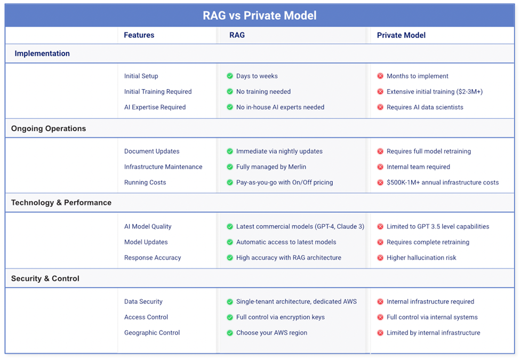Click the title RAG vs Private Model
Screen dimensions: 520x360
pos(260,15)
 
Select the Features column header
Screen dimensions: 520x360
pos(139,35)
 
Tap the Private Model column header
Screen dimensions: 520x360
pos(401,35)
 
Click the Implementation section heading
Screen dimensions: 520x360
pos(42,53)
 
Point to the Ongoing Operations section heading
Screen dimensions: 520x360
pos(49,129)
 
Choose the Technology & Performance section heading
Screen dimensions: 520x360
pos(61,203)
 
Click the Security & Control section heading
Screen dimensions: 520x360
pos(45,278)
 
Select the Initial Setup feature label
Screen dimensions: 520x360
pos(141,76)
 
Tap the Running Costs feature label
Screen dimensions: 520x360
pos(145,182)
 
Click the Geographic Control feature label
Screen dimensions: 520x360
pos(152,332)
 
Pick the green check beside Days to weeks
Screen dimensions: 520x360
pos(229,76)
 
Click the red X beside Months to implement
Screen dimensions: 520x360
pos(380,76)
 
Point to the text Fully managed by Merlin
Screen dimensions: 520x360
pos(271,167)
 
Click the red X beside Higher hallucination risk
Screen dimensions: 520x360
pos(380,258)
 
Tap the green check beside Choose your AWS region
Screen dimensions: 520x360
pos(229,332)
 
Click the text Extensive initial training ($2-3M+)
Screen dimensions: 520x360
pos(435,92)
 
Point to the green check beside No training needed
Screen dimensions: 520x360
pos(229,92)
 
